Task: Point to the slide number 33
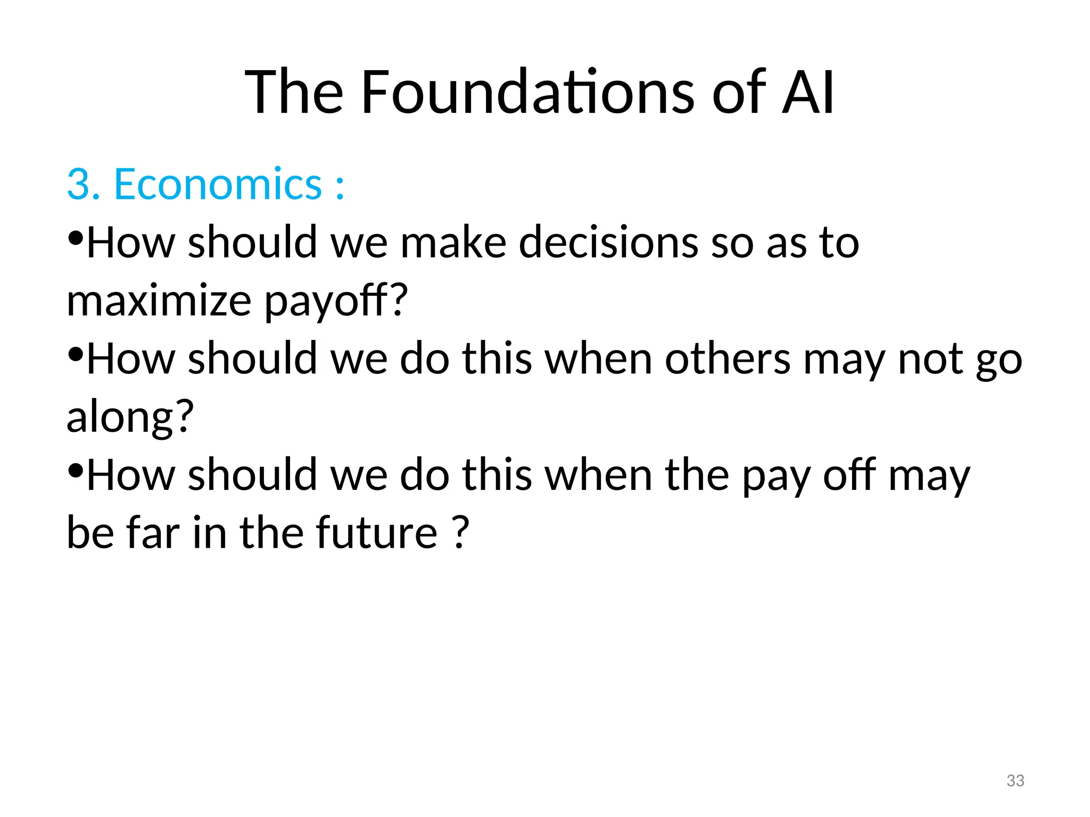tap(1015, 780)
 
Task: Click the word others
tap(728, 359)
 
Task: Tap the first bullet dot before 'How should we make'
tap(76, 238)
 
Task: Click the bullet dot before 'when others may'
tap(76, 354)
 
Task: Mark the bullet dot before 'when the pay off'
tap(76, 470)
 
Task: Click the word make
tap(453, 243)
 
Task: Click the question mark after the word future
tap(461, 532)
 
